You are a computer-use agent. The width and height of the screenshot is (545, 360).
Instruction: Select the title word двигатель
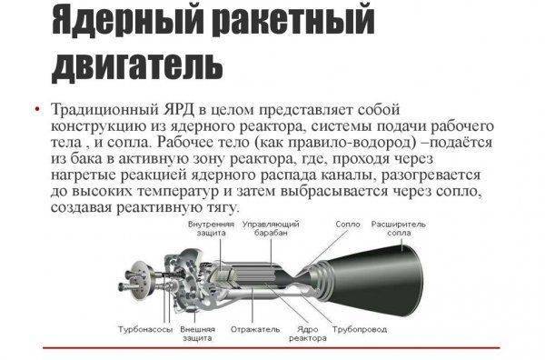click(137, 65)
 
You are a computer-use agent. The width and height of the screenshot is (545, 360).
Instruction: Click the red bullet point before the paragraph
click(37, 110)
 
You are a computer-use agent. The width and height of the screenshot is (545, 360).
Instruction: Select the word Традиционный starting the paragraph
click(104, 110)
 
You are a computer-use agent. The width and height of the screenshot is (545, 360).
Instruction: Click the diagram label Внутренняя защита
click(212, 228)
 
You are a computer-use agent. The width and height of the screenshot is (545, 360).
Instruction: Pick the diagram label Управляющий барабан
click(271, 228)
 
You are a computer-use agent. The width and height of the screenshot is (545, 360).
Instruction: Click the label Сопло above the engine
click(348, 225)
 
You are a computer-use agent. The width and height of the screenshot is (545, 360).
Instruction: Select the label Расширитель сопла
click(399, 228)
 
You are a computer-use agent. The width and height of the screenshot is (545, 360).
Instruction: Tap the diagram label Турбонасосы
click(145, 329)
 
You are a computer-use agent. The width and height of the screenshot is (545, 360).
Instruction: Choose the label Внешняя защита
click(197, 334)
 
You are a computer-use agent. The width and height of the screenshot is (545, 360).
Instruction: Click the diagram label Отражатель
click(255, 329)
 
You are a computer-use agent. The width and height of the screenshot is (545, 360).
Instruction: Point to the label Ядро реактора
click(308, 334)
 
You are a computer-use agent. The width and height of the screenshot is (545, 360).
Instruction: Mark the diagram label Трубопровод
click(360, 330)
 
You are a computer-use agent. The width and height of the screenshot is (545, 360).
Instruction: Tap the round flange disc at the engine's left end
click(144, 280)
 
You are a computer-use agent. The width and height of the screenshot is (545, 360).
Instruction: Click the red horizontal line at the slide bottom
click(272, 347)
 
